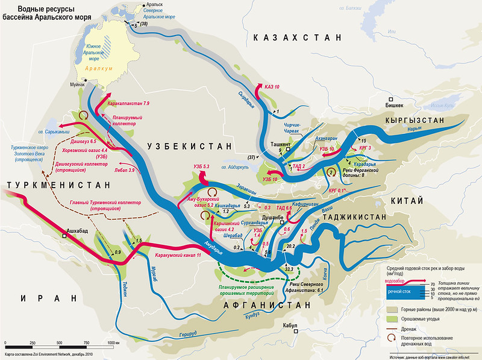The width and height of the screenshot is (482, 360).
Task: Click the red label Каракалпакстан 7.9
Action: pos(128,104)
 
